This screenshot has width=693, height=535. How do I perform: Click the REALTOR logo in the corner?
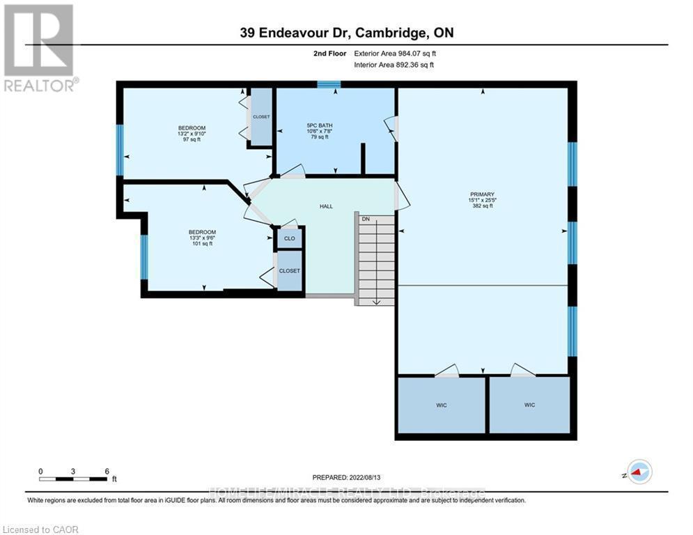[x=40, y=47]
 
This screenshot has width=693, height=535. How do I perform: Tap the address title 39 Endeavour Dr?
[x=347, y=33]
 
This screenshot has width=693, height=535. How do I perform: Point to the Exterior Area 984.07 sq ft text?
[x=395, y=53]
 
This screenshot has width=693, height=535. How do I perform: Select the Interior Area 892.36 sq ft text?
[x=394, y=65]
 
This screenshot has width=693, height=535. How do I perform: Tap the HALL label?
[x=326, y=206]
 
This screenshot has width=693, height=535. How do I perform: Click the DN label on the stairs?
[x=365, y=219]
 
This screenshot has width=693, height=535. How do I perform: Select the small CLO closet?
[x=289, y=239]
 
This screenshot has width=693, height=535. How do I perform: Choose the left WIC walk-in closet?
[x=441, y=405]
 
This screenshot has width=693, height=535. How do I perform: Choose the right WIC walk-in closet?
[x=530, y=405]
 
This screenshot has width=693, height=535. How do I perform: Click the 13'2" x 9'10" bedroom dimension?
[x=192, y=134]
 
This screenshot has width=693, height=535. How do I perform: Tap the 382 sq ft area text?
[x=482, y=206]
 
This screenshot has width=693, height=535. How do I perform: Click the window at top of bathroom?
[x=328, y=85]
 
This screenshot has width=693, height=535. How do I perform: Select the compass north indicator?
[x=639, y=472]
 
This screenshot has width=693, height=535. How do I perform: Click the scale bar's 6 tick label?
[x=107, y=471]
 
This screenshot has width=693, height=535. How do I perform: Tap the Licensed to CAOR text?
[x=42, y=529]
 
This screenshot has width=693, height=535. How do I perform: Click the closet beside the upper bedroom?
[x=261, y=117]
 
